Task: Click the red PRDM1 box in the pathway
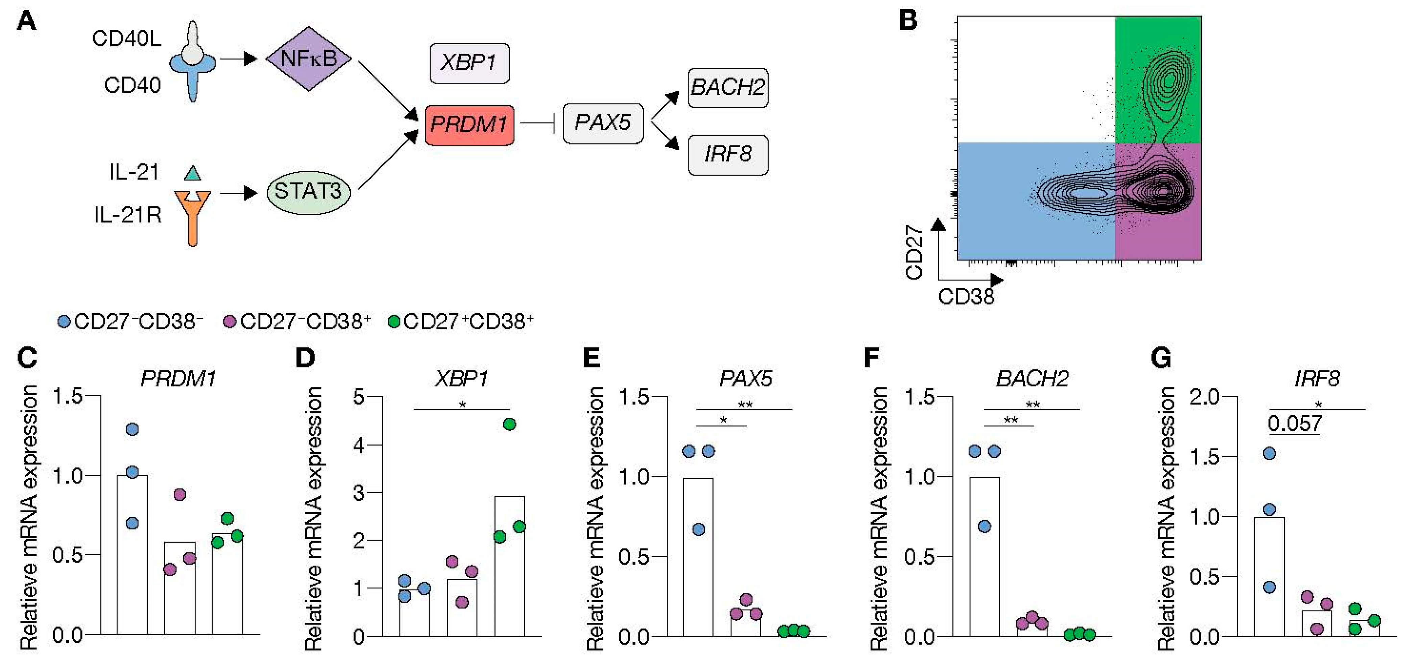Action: pos(469,125)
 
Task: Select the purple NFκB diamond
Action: pos(308,58)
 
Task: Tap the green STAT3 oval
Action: pos(308,192)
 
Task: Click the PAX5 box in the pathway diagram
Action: pos(603,123)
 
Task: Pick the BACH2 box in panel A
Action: pos(728,88)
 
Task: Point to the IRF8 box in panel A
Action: pos(728,155)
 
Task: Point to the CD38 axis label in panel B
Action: pos(966,297)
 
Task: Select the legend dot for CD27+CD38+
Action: pos(393,322)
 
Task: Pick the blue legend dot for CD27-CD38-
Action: pos(64,322)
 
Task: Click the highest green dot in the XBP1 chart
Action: pos(509,425)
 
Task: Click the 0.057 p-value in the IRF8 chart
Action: pos(1294,424)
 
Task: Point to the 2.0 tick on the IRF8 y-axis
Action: pos(1204,397)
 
